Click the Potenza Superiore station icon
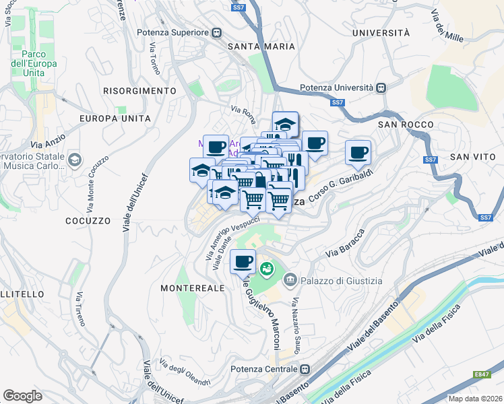pos(217,32)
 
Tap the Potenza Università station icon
pos(381,88)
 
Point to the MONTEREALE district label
pos(192,288)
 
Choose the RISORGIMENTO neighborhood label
pos(139,90)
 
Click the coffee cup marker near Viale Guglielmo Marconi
pos(243,261)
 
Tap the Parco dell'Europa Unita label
pos(38,63)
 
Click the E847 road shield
pos(481,374)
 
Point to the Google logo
pos(22,396)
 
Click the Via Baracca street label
pos(344,245)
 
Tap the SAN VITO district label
pos(468,156)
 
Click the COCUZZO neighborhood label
pos(88,220)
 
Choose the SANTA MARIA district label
pos(261,46)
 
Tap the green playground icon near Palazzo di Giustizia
pos(267,269)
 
